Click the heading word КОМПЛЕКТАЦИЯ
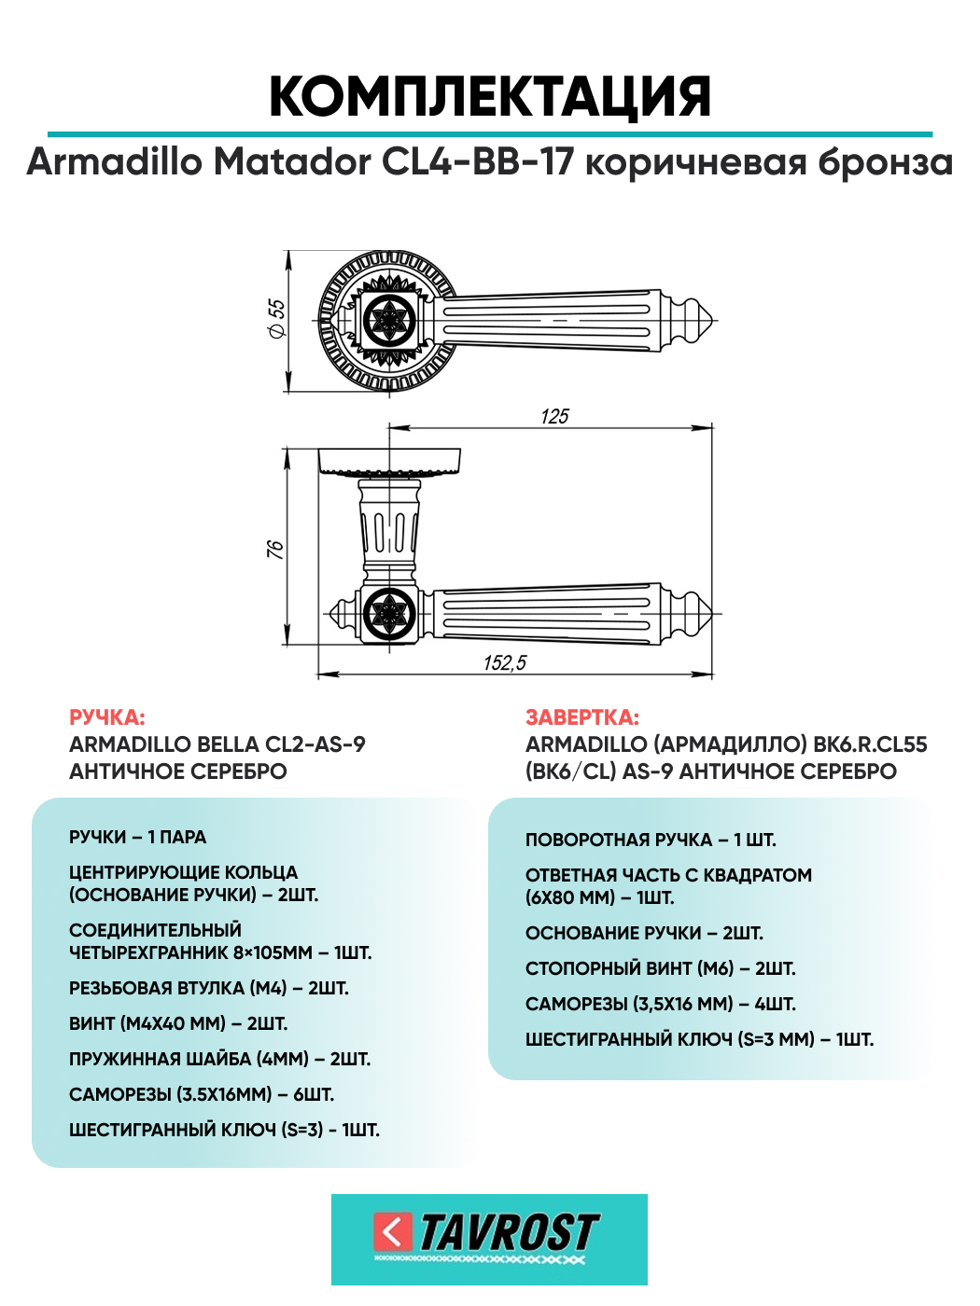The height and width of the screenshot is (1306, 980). (x=490, y=97)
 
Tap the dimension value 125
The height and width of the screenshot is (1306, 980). (x=554, y=416)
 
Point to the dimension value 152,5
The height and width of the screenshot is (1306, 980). (x=505, y=663)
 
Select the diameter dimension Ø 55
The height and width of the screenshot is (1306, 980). (x=277, y=319)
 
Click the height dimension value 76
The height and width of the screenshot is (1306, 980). (x=275, y=549)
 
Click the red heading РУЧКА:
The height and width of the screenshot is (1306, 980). (x=107, y=717)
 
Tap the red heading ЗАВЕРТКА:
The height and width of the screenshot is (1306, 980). (x=582, y=717)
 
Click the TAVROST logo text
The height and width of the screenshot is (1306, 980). (x=509, y=1232)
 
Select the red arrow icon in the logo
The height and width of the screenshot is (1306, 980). (x=392, y=1232)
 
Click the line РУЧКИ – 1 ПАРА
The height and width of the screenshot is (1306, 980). (x=138, y=837)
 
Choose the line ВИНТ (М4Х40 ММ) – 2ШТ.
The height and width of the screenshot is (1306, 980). (x=178, y=1023)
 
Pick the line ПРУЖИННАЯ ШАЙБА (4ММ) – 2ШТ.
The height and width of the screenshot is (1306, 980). (x=220, y=1059)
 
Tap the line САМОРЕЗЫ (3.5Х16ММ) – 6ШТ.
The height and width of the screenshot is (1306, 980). (x=202, y=1094)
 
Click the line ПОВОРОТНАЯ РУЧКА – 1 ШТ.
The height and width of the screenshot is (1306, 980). (x=651, y=840)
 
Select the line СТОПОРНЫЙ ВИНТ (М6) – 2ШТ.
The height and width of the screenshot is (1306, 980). (x=660, y=968)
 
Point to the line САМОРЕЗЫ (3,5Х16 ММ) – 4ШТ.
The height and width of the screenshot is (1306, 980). (x=660, y=1004)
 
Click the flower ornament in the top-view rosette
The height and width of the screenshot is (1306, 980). (x=387, y=320)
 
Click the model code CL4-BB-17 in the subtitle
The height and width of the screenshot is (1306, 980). (x=477, y=162)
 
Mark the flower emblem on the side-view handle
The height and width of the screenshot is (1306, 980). (x=387, y=614)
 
